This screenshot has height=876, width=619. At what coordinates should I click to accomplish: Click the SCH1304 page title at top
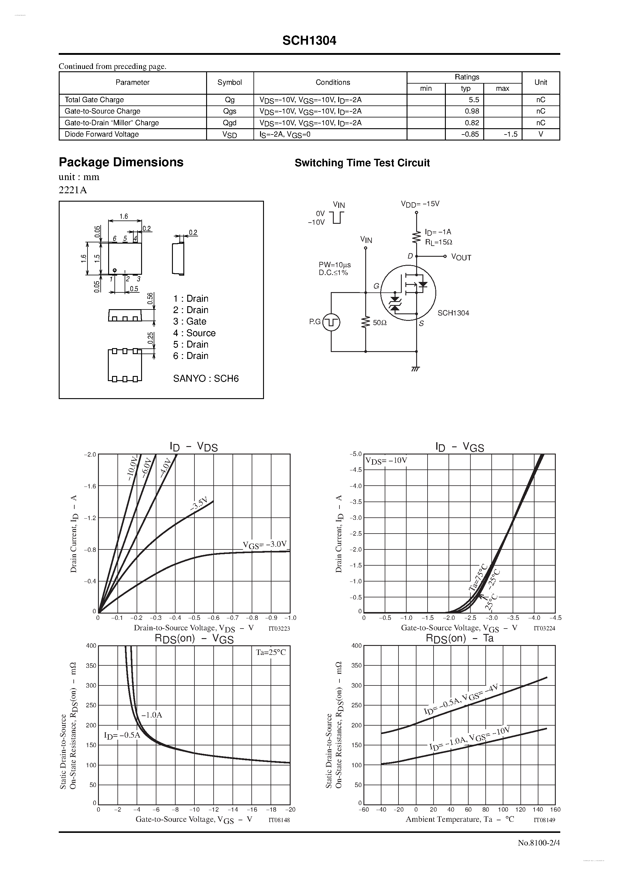(309, 41)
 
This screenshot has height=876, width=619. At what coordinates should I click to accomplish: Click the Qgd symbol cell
(230, 123)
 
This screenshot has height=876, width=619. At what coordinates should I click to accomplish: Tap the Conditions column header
(333, 82)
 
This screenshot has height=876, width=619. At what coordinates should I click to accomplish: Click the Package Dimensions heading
(121, 162)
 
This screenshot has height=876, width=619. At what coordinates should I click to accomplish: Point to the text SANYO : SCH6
(206, 378)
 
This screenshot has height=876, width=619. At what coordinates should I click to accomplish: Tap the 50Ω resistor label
(380, 323)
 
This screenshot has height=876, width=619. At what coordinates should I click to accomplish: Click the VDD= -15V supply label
(420, 204)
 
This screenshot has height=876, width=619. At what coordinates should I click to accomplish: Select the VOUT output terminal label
(461, 258)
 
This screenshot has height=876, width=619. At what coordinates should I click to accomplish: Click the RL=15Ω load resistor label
(439, 242)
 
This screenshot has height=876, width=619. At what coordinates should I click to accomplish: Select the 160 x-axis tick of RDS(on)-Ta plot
(555, 809)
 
